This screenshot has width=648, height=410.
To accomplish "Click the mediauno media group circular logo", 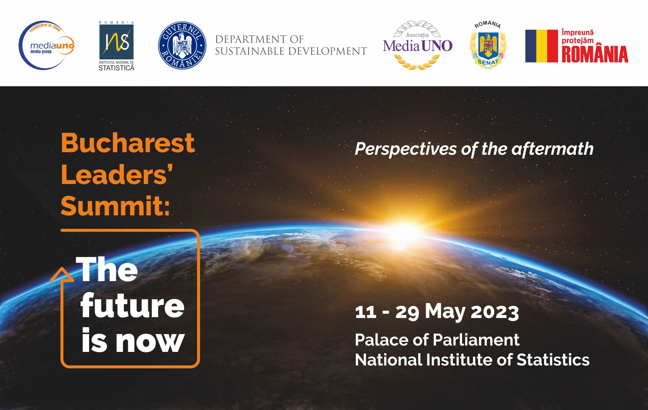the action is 46,45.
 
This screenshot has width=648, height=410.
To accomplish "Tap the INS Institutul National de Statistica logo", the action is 117,46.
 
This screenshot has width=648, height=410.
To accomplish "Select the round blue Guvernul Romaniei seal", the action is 182,45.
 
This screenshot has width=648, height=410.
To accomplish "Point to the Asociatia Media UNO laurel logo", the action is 417,45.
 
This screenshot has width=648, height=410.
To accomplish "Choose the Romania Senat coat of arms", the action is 488,45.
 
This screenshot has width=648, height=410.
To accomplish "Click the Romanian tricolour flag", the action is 542,46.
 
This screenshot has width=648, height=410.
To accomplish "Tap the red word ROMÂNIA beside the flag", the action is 595,54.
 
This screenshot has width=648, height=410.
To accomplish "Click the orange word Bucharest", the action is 128,143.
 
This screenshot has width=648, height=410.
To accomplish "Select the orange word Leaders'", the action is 117,174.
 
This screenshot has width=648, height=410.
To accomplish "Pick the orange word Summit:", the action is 115,206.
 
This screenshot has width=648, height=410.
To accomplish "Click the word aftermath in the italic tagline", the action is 553,149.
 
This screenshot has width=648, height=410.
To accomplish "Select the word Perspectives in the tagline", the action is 405,150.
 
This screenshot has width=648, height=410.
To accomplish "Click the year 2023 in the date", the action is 494,312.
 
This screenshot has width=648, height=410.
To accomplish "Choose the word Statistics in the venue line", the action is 553,360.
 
